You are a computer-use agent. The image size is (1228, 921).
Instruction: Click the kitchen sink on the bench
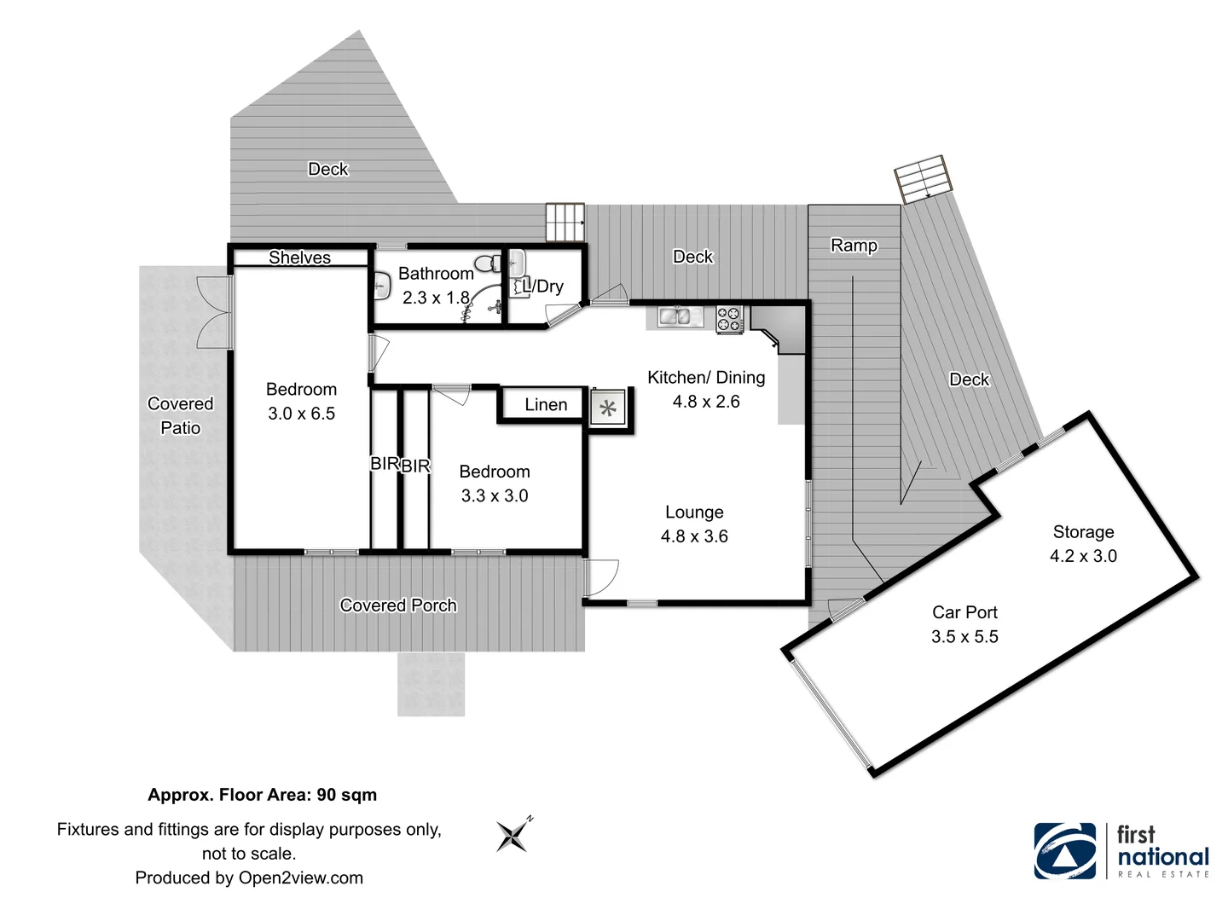[x=679, y=316]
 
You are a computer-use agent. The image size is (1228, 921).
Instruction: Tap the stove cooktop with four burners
[x=729, y=319]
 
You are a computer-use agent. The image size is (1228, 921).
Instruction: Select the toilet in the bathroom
[x=488, y=264]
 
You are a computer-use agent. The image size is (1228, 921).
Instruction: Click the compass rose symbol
[x=513, y=836]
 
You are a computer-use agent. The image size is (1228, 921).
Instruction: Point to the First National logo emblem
[x=1065, y=850]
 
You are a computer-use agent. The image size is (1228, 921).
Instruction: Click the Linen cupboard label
[x=546, y=405]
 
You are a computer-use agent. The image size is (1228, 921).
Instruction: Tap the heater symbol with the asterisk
[x=608, y=408]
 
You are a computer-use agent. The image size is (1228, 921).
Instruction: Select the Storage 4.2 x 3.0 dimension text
[x=1083, y=556]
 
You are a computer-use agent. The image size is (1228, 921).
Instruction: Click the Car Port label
[x=964, y=612]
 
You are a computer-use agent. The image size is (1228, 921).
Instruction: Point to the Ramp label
[x=854, y=246]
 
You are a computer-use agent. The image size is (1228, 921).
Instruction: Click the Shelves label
[x=299, y=258]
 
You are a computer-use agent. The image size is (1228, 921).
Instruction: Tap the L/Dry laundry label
[x=543, y=287]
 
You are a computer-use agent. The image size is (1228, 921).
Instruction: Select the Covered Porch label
[x=398, y=605]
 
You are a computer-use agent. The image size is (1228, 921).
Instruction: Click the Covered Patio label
[x=180, y=416]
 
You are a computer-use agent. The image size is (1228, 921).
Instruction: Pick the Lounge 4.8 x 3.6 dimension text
[x=694, y=536]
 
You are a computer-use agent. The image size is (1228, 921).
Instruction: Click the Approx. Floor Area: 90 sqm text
[x=262, y=795]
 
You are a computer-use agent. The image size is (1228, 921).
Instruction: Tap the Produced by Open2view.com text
[x=249, y=878]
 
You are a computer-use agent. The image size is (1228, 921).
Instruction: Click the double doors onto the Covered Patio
[x=213, y=312]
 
